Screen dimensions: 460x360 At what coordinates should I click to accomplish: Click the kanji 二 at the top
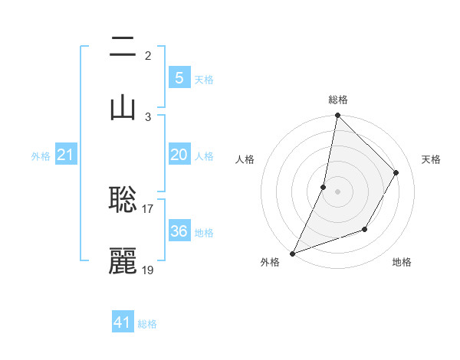click(123, 49)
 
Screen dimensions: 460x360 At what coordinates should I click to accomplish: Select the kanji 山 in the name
click(123, 106)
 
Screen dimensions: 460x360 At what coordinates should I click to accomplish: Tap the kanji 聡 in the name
click(123, 200)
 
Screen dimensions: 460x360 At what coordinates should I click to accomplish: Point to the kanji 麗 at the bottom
click(123, 261)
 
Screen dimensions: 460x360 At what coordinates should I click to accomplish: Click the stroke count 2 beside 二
click(147, 55)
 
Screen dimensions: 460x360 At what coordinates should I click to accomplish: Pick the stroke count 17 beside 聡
click(148, 208)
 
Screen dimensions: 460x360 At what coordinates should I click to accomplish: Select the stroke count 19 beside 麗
click(148, 270)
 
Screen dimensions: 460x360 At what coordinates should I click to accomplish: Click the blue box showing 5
click(179, 77)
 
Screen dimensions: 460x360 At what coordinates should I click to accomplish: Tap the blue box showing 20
click(179, 155)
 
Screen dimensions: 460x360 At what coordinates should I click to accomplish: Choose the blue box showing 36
click(179, 231)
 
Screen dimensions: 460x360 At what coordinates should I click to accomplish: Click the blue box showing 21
click(66, 155)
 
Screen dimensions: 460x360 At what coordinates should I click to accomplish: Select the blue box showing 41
click(123, 322)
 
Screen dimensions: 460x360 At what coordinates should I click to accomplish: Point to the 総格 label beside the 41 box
click(147, 324)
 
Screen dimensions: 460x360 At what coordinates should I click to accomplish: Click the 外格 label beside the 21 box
click(41, 156)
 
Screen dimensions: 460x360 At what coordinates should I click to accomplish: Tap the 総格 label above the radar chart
click(338, 100)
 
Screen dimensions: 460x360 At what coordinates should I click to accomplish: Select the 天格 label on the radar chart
click(432, 159)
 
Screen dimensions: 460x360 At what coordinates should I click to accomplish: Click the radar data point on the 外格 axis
click(292, 253)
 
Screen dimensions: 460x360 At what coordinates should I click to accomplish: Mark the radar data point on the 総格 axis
click(337, 116)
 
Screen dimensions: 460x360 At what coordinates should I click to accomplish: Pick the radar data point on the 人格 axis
click(324, 187)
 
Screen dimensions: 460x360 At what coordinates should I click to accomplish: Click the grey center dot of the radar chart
click(337, 191)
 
